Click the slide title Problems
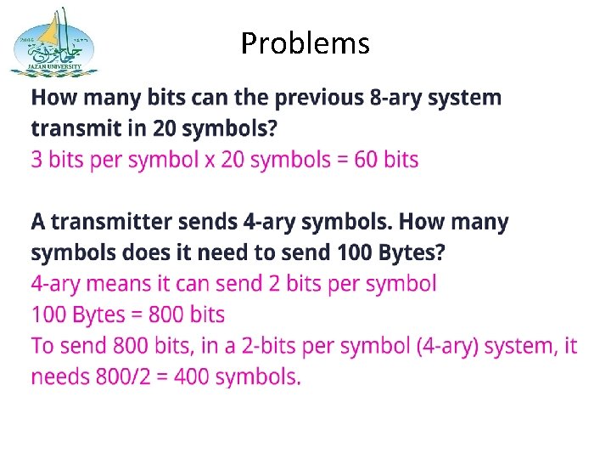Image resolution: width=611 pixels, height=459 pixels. click(305, 42)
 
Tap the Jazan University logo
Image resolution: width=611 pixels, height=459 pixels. click(53, 42)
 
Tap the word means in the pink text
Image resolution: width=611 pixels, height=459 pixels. click(114, 284)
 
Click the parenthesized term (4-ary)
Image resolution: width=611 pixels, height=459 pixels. click(457, 346)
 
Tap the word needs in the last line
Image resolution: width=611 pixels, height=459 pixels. click(59, 377)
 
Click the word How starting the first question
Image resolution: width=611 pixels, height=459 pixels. click(53, 98)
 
